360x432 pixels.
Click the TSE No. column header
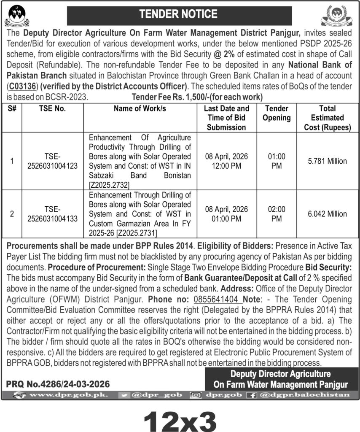54,108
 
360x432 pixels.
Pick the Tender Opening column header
277,113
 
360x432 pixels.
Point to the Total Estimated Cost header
327,118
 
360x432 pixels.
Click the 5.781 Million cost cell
327,161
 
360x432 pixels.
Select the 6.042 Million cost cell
327,214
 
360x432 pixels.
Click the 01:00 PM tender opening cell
277,161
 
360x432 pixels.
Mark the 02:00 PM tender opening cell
277,214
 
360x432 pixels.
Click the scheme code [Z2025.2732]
109,184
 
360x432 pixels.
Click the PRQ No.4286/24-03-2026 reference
58,384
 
